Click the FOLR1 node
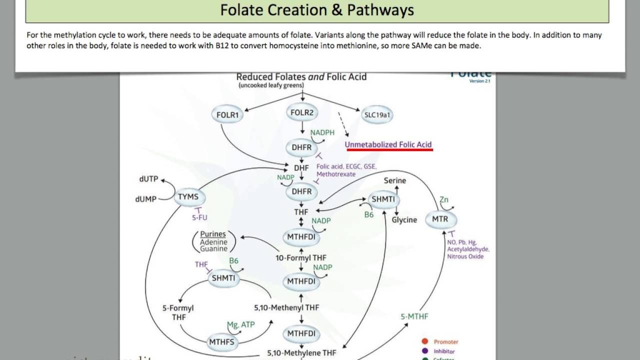227,115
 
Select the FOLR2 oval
302,113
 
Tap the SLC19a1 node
377,115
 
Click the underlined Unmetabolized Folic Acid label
388,144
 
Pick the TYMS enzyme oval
188,197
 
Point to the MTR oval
440,219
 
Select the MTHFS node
222,342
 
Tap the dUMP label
145,198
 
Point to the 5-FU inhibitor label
199,218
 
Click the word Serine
395,180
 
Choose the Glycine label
404,220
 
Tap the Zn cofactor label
443,200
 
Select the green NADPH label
322,133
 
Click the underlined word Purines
213,234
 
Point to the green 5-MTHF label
414,316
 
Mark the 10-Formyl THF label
301,258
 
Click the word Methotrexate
336,174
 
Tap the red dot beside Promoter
424,342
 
